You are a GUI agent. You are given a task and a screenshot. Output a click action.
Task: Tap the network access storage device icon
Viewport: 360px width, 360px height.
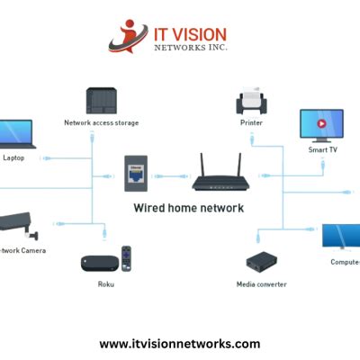click(x=100, y=101)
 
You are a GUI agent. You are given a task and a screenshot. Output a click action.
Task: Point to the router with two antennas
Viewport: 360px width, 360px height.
click(x=218, y=175)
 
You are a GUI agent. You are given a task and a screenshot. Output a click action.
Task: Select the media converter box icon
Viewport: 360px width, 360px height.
click(x=261, y=262)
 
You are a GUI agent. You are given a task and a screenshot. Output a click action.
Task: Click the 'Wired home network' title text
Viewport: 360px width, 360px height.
click(x=188, y=208)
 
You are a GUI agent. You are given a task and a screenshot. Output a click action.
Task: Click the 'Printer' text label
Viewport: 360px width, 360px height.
click(x=250, y=122)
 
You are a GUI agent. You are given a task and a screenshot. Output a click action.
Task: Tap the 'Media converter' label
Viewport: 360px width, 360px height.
click(x=261, y=284)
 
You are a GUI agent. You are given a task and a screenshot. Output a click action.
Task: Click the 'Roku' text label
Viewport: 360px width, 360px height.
click(x=106, y=284)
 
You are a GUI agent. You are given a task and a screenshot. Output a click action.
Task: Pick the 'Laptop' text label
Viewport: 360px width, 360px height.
click(x=13, y=157)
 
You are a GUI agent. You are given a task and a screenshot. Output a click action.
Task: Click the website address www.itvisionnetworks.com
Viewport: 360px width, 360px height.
click(x=179, y=344)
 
